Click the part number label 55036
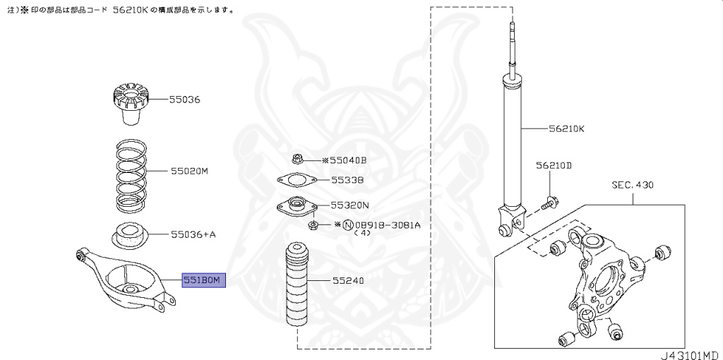[x=184, y=100]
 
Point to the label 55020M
[x=189, y=171]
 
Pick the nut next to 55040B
[x=297, y=160]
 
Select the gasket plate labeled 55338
[x=296, y=181]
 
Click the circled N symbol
[x=347, y=225]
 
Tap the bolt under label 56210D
[x=549, y=205]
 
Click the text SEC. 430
[x=633, y=185]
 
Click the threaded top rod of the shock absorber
[x=510, y=47]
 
